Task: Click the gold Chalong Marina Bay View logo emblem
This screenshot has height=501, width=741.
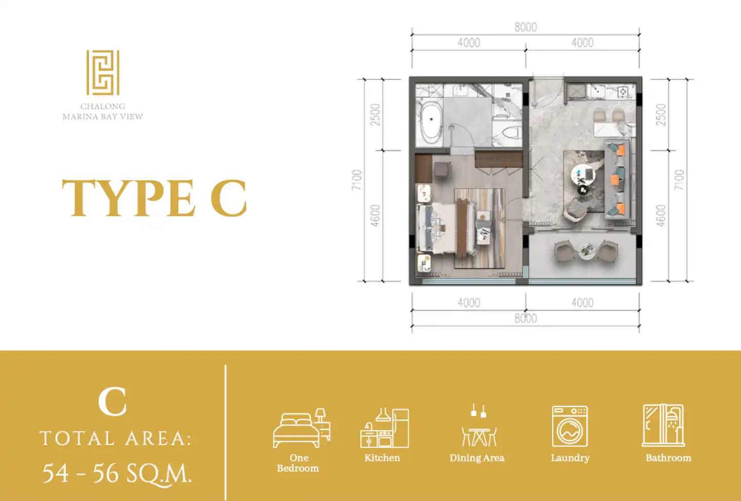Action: tap(103, 73)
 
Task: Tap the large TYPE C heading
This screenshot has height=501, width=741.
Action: tap(154, 198)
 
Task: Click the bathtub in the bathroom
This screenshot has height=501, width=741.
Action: tap(431, 123)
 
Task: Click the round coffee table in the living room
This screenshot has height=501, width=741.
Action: tap(583, 174)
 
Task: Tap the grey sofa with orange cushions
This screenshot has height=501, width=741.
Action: tap(617, 180)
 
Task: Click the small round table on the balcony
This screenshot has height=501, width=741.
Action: tap(587, 251)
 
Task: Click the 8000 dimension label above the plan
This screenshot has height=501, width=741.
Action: tap(525, 27)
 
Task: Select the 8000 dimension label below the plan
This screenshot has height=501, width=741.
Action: tap(525, 318)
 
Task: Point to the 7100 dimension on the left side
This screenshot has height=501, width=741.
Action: tap(357, 180)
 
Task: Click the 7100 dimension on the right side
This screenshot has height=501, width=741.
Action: tap(679, 180)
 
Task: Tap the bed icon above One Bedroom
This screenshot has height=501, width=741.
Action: tap(302, 427)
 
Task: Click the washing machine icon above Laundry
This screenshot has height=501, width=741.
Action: tap(570, 426)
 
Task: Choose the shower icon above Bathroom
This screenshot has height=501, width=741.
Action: tap(663, 425)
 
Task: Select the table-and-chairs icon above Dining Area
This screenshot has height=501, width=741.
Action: tap(479, 425)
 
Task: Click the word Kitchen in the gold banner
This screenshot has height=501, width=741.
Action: tap(382, 458)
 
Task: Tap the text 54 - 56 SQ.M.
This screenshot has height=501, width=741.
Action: tap(117, 474)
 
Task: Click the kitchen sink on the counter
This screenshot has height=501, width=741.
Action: tap(598, 91)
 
